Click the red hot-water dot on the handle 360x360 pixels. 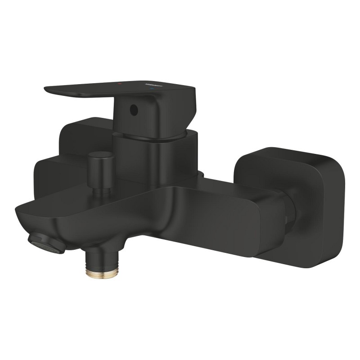point(119,84)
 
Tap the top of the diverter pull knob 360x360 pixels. point(100,156)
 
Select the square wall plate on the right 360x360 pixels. point(292,202)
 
